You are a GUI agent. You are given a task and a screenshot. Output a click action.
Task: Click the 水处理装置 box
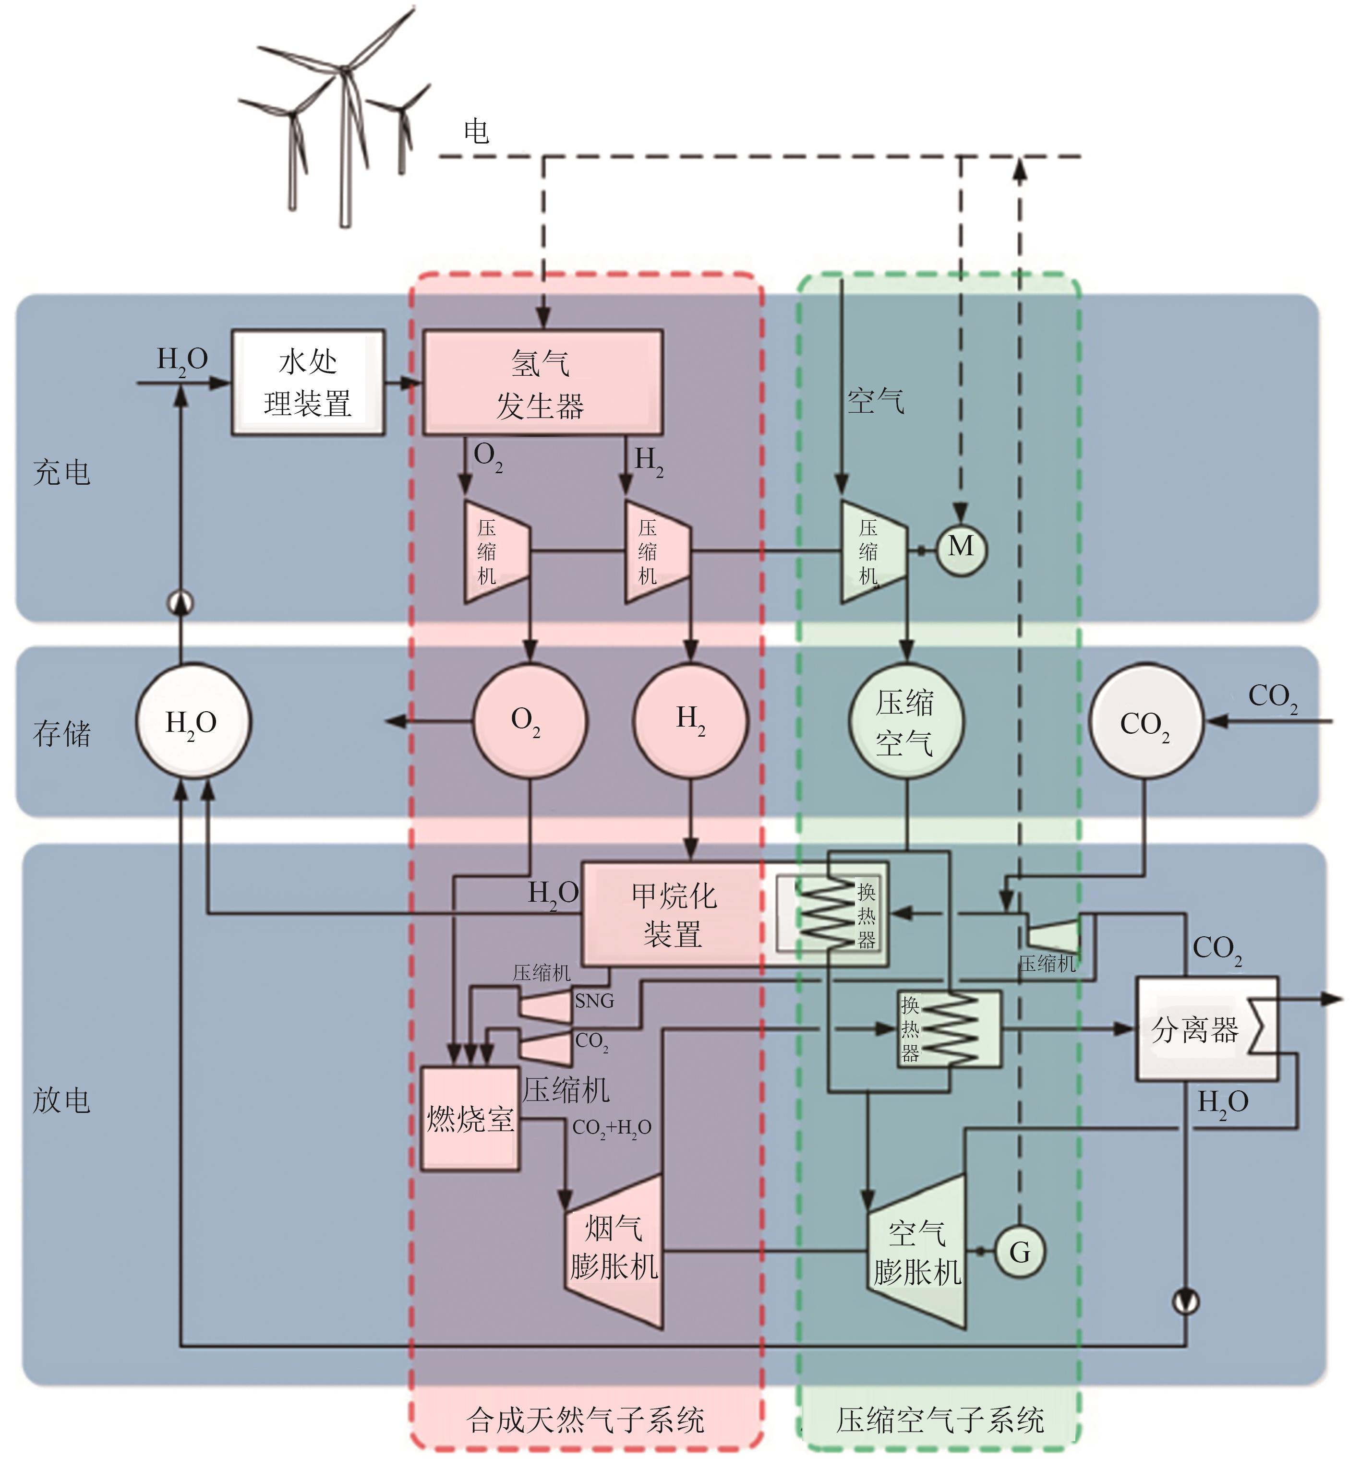point(308,382)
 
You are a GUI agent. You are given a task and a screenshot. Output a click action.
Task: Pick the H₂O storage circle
point(192,722)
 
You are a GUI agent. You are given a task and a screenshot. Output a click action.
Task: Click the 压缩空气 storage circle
point(905,722)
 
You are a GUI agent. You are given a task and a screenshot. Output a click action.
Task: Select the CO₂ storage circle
point(1145,722)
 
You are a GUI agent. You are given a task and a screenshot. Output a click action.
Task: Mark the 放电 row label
point(62,1100)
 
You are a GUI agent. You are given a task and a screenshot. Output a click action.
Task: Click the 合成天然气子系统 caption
point(586,1420)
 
